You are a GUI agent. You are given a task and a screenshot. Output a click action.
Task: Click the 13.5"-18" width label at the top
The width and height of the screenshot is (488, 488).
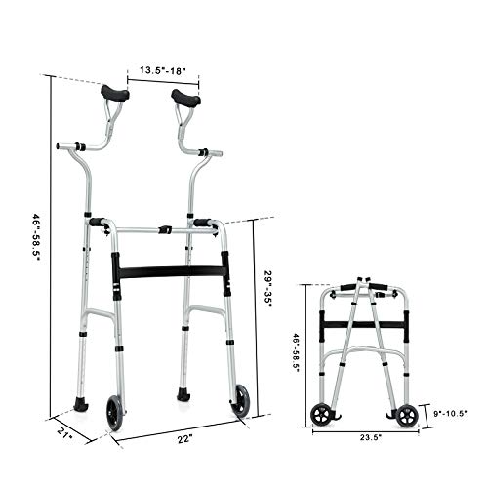155,70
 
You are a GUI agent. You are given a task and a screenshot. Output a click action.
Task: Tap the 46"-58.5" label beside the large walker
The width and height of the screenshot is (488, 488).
35,243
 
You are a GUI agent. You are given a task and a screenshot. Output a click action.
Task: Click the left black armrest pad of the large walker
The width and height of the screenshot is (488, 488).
115,94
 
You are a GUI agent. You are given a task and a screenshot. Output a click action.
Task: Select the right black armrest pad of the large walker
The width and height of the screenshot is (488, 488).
186,97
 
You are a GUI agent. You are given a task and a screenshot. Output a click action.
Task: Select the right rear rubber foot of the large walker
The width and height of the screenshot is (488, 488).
182,395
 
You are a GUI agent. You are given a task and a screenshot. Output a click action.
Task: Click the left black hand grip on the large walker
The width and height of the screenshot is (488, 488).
98,223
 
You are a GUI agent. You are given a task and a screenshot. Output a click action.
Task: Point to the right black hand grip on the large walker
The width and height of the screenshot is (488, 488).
202,223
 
